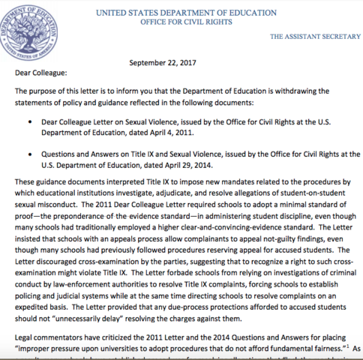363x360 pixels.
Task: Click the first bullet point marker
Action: tap(28, 120)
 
